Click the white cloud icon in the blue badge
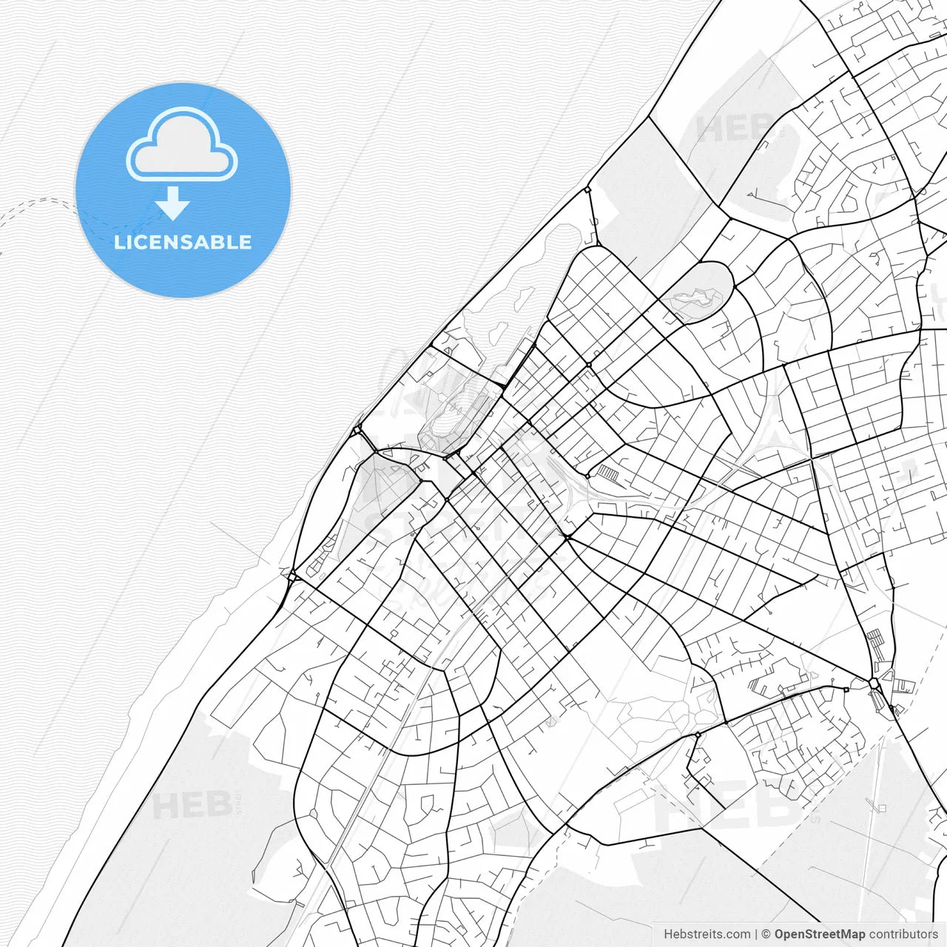[182, 146]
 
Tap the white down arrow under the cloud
[173, 203]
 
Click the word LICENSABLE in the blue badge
[183, 242]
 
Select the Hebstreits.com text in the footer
[707, 934]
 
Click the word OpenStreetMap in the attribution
[819, 934]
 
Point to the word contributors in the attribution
[903, 934]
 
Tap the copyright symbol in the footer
[766, 934]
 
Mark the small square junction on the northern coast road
[587, 189]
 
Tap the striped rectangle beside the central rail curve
[607, 472]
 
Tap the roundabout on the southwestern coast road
[291, 575]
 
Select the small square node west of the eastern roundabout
[846, 689]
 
